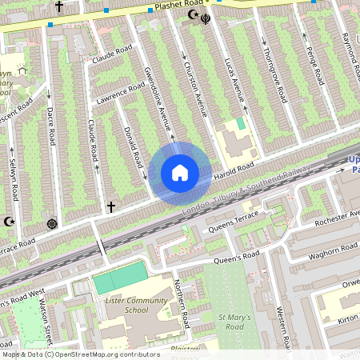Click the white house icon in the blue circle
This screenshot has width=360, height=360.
[180, 173]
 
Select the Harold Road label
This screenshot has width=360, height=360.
[234, 170]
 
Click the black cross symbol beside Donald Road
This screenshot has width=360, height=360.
[111, 207]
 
